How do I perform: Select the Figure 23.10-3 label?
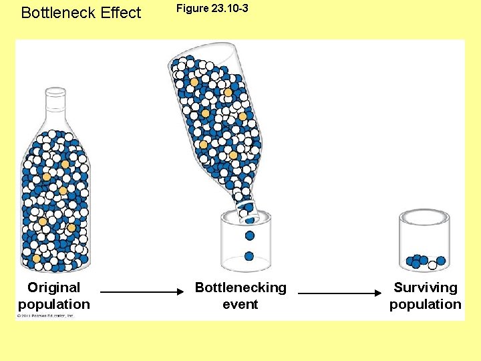click(x=212, y=9)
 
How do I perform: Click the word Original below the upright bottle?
click(x=53, y=287)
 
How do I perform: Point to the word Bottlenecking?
click(x=240, y=287)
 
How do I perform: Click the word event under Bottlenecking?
click(x=240, y=304)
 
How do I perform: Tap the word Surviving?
click(x=426, y=287)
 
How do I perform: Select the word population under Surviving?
click(x=426, y=304)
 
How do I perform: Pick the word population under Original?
click(x=53, y=304)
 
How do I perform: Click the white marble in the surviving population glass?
click(x=433, y=265)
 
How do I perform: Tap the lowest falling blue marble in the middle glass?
click(x=249, y=256)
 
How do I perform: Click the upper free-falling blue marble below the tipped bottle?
click(x=250, y=235)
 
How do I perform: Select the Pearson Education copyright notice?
click(x=45, y=316)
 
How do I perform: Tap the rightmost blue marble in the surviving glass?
click(x=441, y=261)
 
